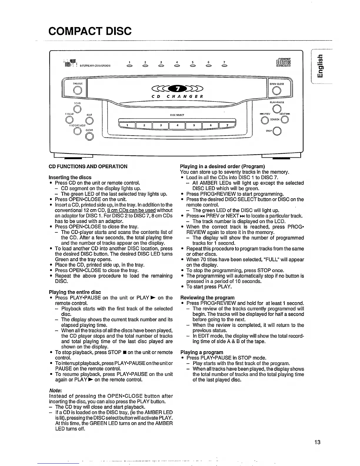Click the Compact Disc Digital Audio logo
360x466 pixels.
click(283, 63)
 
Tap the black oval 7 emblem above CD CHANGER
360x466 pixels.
click(177, 88)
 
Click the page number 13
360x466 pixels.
click(317, 442)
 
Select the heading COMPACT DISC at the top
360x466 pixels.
click(90, 31)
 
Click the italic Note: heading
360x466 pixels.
click(55, 390)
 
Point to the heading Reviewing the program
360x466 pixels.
click(207, 297)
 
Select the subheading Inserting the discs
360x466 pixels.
click(70, 177)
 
